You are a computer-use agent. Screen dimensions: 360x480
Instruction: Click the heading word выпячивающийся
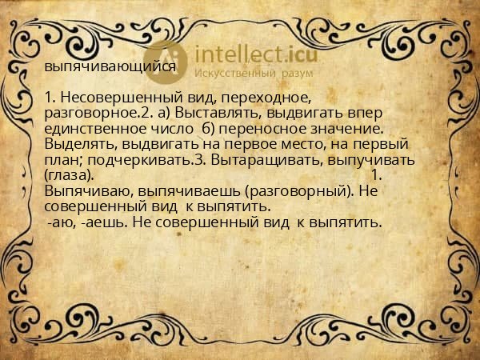[110, 67]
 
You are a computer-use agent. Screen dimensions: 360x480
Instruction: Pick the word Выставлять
[215, 114]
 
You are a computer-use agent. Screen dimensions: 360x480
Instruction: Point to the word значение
[346, 129]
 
